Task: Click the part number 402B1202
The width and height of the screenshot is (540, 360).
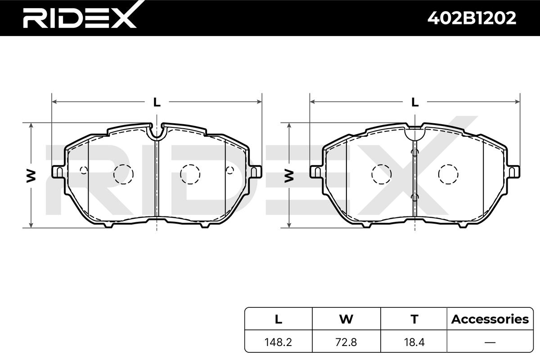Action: click(472, 18)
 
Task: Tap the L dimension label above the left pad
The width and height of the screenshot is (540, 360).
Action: click(157, 102)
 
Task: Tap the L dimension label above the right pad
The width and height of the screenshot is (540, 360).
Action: click(415, 102)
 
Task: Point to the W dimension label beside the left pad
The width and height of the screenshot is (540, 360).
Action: click(31, 175)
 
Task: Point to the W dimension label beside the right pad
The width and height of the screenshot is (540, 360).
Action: click(289, 175)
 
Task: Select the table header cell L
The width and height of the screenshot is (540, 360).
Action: click(279, 319)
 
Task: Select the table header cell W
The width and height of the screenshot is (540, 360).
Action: click(346, 319)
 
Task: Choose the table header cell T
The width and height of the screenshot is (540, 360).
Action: click(414, 319)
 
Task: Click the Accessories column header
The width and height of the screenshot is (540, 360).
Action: click(490, 319)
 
